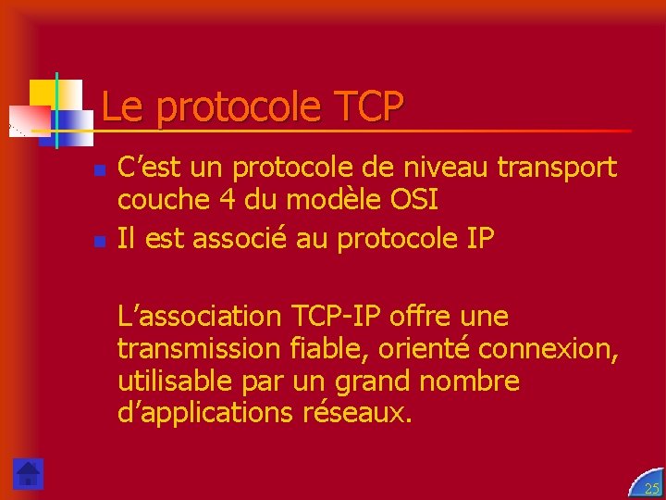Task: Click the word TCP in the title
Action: tap(364, 107)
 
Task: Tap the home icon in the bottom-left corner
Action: tap(29, 473)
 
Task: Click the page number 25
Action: tap(651, 488)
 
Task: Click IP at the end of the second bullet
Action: tap(481, 239)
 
